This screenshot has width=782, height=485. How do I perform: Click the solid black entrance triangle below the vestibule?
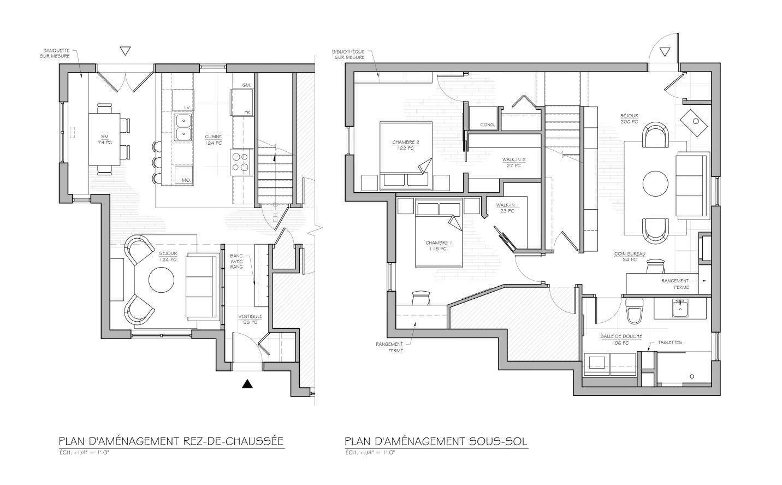coord(247,384)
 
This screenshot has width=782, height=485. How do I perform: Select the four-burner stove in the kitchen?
coord(241,162)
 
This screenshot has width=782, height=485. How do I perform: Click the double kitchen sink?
coord(182,127)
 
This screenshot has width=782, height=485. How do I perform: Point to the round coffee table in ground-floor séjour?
coord(161,280)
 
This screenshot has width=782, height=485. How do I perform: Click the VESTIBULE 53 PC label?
coord(250,320)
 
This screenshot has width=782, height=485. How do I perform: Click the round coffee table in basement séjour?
coord(656,184)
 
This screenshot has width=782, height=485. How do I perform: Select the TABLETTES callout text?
coord(670,342)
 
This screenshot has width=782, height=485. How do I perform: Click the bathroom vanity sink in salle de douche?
coord(680,309)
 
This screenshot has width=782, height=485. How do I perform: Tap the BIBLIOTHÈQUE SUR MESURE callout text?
coord(348,55)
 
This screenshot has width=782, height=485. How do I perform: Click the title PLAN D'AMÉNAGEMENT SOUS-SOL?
coord(436,441)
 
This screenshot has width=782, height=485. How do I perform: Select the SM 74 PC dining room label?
coord(105,139)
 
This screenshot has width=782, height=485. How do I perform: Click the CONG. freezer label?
coord(487,125)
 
